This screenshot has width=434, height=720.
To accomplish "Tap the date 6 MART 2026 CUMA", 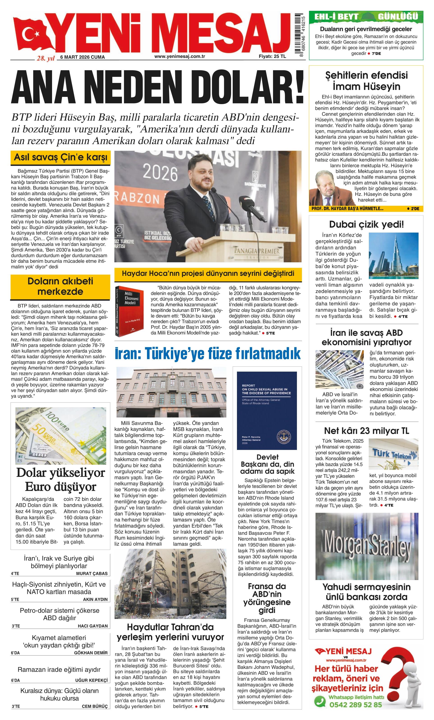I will pyautogui.click(x=83, y=57).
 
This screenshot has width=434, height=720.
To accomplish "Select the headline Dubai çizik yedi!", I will pyautogui.click(x=367, y=224).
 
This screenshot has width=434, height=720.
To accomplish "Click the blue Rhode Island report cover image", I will pyautogui.click(x=266, y=411).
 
